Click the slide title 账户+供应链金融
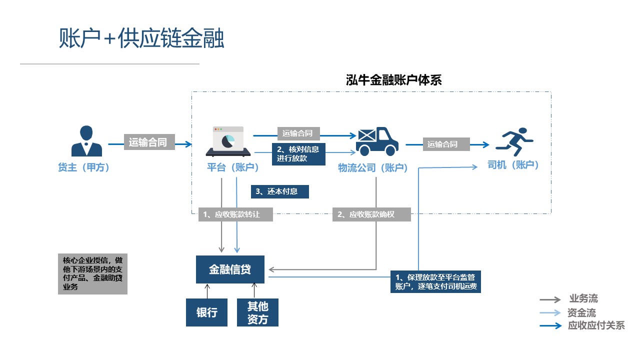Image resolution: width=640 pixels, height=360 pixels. (x=141, y=39)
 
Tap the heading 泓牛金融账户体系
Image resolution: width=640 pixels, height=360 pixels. (x=394, y=80)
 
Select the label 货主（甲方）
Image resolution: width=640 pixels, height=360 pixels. (x=84, y=167)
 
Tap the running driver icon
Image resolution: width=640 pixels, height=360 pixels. (x=514, y=141)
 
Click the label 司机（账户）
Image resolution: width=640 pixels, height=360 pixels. (x=513, y=165)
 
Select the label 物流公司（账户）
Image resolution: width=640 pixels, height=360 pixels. (x=373, y=168)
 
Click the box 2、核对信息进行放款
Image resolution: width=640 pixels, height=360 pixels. (x=298, y=154)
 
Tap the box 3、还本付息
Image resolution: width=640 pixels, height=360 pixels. (x=279, y=191)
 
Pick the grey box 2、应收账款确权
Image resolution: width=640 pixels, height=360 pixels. (x=371, y=214)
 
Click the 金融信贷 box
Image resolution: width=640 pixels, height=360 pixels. (x=230, y=269)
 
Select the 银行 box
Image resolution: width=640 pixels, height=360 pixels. (x=206, y=312)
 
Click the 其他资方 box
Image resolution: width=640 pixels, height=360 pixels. (x=257, y=312)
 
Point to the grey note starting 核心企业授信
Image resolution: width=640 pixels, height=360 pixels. (x=93, y=274)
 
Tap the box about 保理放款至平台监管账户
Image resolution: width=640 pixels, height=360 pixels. (x=435, y=282)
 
